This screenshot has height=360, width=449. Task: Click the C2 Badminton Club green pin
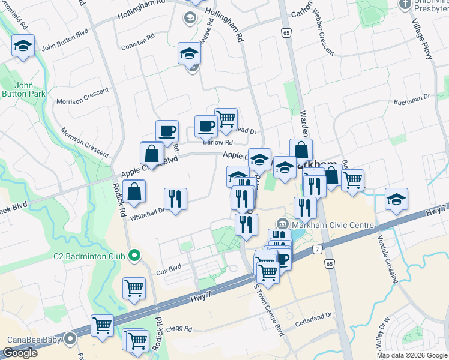[134, 256]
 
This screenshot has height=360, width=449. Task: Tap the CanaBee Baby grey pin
[71, 340]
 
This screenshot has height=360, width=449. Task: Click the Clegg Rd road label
[179, 329]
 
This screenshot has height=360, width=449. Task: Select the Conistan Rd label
[139, 46]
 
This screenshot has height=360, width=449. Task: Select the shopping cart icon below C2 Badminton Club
[134, 288]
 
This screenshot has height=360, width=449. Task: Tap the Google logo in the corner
[20, 353]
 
